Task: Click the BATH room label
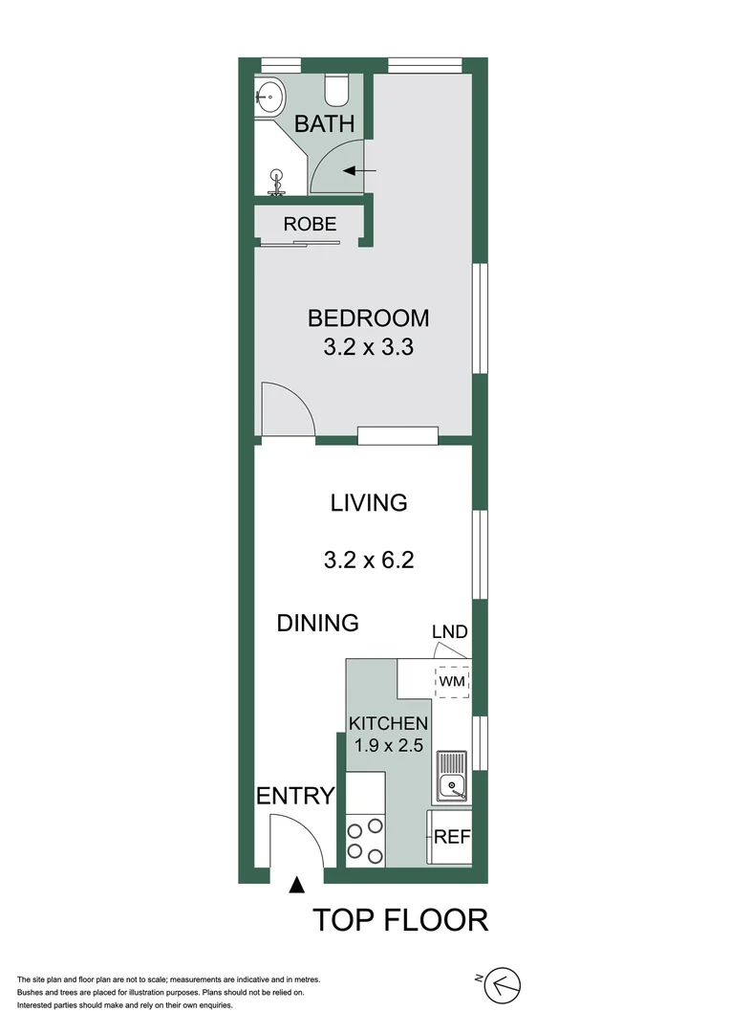pos(324,123)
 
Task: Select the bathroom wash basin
pos(270,95)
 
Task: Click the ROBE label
pos(310,224)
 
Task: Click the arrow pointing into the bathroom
pos(359,171)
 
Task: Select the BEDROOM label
pos(368,318)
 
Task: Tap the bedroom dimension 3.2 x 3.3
pos(368,347)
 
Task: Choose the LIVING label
pos(369,502)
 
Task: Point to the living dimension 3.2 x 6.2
pos(369,560)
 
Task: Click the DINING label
pos(317,623)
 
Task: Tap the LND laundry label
pos(449,632)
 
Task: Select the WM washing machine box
pos(452,681)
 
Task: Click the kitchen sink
pos(449,777)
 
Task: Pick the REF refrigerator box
pos(451,836)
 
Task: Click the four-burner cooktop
pos(364,839)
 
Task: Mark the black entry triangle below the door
pos(297,885)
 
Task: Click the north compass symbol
pos(505,984)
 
